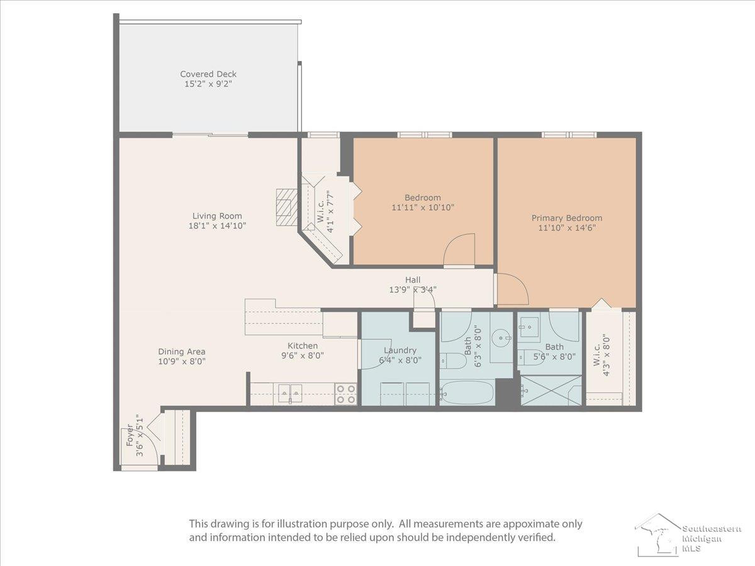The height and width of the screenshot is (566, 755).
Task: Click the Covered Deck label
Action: tap(208, 74)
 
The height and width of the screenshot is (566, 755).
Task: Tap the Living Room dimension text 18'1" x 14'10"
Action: tap(217, 226)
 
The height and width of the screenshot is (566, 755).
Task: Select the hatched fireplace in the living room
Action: tap(286, 207)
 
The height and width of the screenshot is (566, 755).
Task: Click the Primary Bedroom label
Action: tap(567, 218)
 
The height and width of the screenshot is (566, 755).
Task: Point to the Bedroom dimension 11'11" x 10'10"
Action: tap(423, 208)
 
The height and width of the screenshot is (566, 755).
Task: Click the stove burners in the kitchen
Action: tap(345, 394)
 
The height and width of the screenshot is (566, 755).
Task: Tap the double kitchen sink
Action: tap(290, 393)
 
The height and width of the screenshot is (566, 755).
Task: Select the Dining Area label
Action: tap(182, 352)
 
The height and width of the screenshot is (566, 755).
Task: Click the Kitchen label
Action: tap(303, 346)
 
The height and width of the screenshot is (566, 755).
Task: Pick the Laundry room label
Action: tap(400, 350)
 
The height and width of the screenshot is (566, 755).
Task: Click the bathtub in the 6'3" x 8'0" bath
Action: tap(468, 393)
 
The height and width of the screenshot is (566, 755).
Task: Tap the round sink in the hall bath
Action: tap(501, 338)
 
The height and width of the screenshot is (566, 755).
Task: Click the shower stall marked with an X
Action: tap(551, 391)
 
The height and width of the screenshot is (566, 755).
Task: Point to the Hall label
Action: tap(412, 280)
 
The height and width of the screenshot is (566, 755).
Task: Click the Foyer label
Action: tap(130, 436)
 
